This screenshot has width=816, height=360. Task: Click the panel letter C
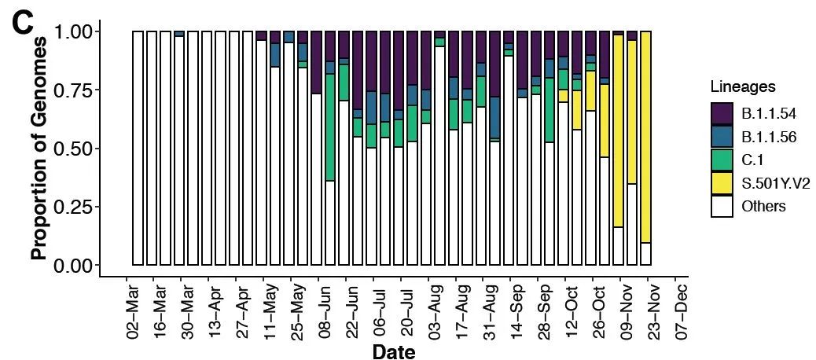pyautogui.click(x=24, y=26)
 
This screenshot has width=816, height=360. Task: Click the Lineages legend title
pyautogui.click(x=743, y=86)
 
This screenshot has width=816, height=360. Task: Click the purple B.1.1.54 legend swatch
pyautogui.click(x=722, y=114)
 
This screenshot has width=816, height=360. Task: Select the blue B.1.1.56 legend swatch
pyautogui.click(x=722, y=137)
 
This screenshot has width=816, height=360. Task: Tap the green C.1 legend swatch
pyautogui.click(x=722, y=160)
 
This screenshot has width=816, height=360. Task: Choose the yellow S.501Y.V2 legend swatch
pyautogui.click(x=722, y=183)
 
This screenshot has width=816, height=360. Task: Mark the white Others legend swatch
pyautogui.click(x=722, y=206)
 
